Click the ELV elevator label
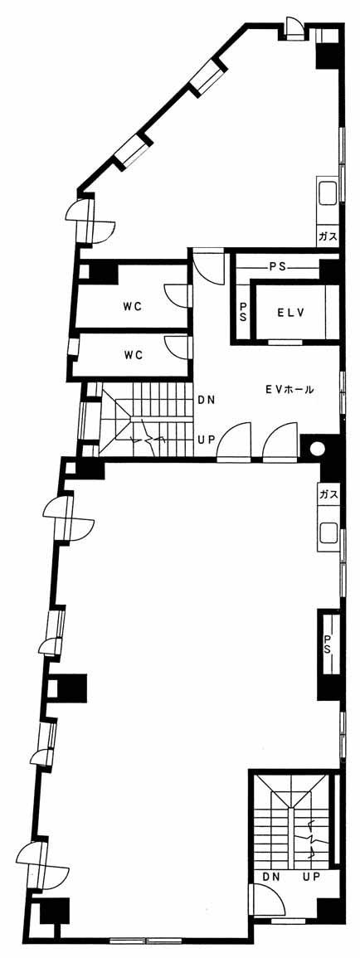tap(290, 312)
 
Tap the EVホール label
tap(289, 388)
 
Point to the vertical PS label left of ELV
tap(243, 312)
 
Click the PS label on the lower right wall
tap(328, 644)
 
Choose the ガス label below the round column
tap(328, 494)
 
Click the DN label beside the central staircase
tap(205, 401)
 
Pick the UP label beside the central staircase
tap(205, 438)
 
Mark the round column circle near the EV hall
tap(317, 449)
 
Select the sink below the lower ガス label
tap(328, 536)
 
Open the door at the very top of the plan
tap(294, 29)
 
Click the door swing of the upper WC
tap(177, 294)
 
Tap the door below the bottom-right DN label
tap(265, 901)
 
